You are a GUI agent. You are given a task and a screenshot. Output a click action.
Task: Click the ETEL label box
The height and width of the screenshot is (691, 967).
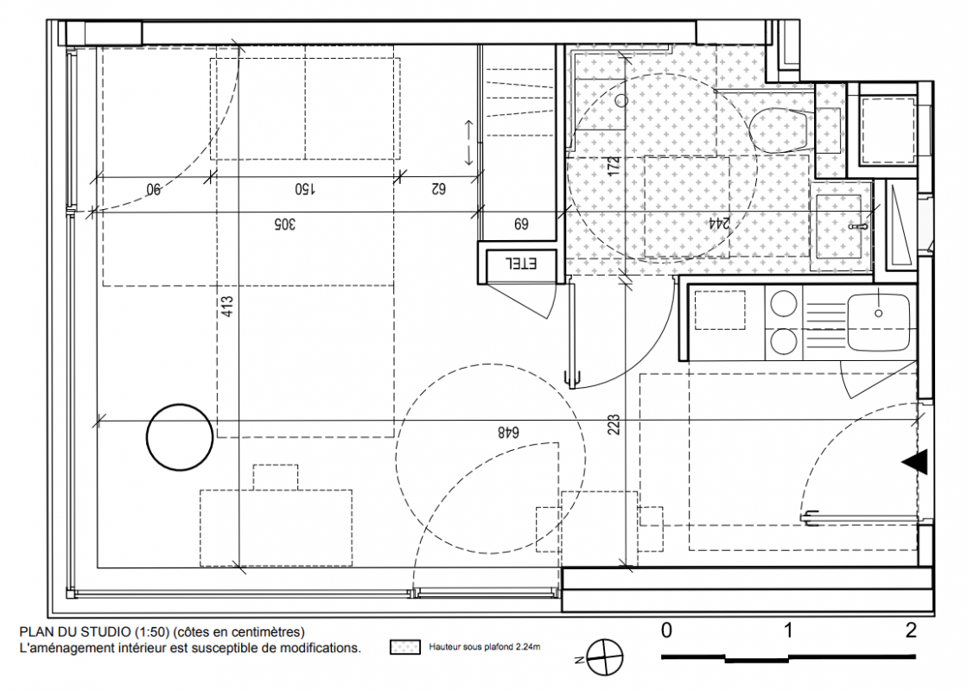(522, 263)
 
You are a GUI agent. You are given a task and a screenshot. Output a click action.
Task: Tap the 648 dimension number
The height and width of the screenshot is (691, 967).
(508, 433)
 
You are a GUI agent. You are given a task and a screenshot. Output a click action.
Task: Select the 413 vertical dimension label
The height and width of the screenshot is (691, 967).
(227, 307)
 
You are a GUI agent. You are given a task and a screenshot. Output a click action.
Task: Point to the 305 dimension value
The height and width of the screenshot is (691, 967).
(284, 224)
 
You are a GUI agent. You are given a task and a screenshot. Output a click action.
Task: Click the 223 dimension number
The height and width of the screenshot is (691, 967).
(614, 425)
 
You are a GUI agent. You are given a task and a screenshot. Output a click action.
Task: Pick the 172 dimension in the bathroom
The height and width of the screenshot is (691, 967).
(613, 168)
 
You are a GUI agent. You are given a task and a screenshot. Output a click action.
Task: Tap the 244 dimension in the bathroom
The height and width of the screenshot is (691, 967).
(718, 224)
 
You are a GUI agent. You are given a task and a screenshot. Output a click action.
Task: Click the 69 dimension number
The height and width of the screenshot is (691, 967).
(521, 224)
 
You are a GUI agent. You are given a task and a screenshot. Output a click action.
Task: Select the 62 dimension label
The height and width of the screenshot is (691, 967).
(437, 188)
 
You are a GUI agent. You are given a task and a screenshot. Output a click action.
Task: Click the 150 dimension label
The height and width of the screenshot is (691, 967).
(305, 188)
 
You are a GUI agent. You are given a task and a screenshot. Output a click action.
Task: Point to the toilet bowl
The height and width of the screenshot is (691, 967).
(779, 130)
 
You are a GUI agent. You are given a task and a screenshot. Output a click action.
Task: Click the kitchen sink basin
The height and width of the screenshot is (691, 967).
(878, 322)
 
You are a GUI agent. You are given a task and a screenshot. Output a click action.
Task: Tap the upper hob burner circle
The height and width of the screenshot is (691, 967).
(783, 304)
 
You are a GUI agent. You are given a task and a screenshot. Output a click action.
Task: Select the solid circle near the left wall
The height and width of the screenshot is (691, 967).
(180, 437)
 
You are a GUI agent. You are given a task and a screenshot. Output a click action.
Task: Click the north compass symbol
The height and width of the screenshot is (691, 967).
(604, 657)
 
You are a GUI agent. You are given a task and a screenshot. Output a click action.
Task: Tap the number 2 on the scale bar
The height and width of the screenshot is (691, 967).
(911, 631)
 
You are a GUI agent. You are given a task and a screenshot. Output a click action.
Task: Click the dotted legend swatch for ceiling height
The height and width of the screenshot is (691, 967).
(405, 647)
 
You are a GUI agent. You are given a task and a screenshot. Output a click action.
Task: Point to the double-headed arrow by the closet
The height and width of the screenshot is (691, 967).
(468, 143)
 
